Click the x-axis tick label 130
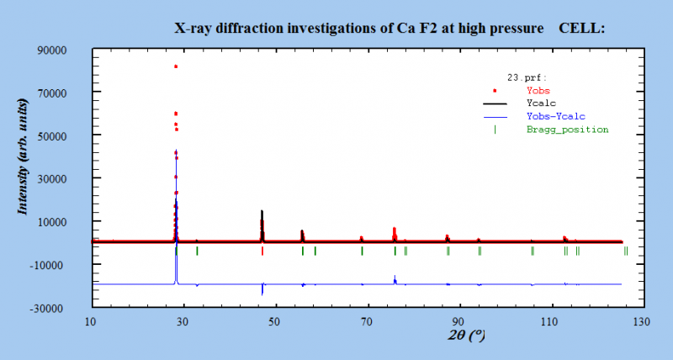click(641, 321)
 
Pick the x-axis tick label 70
click(366, 321)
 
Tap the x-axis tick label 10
click(91, 321)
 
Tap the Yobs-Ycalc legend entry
click(555, 115)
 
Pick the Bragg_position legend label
click(567, 130)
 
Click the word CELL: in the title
click(582, 28)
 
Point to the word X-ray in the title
click(193, 28)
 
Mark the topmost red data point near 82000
click(176, 66)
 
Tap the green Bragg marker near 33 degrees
click(197, 251)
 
